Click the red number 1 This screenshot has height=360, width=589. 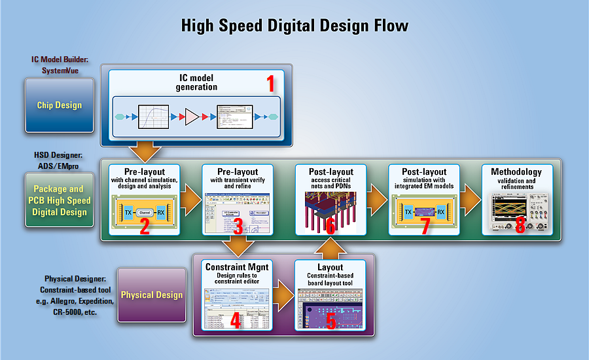[270, 84]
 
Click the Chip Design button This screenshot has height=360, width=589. [60, 105]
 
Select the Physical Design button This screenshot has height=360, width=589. [151, 295]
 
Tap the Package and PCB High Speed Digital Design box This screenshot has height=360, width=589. [60, 200]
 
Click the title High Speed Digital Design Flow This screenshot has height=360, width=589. [294, 26]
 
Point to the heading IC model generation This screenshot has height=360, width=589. [196, 82]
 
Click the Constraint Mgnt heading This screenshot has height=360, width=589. [237, 267]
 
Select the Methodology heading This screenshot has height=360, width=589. [521, 171]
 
